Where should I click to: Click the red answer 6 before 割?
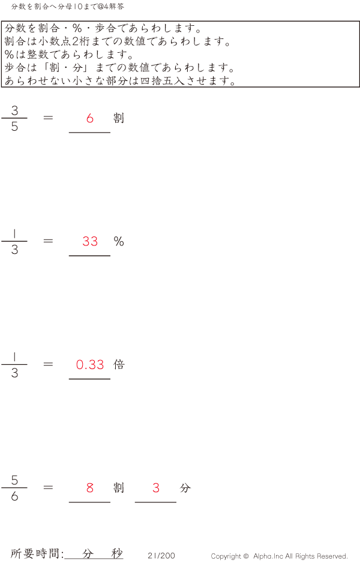(x=90, y=118)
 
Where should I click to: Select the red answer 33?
(x=90, y=241)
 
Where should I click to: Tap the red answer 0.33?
(x=90, y=364)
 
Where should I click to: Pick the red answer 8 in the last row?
(x=90, y=487)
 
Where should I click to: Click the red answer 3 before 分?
(x=156, y=487)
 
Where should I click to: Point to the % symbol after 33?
(x=119, y=241)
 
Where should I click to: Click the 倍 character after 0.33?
(x=119, y=364)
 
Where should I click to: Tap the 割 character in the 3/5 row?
(x=119, y=118)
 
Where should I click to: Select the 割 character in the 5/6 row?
(x=119, y=487)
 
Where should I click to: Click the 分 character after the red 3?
(x=185, y=487)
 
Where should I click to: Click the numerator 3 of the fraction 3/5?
(x=14, y=110)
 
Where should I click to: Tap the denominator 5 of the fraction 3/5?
(x=14, y=126)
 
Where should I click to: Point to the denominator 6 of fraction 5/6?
(x=14, y=496)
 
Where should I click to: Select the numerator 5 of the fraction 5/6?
(x=14, y=480)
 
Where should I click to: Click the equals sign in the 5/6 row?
(x=48, y=487)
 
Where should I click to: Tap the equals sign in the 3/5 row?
(x=48, y=118)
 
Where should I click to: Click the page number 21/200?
(x=161, y=555)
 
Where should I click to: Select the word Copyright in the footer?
(x=226, y=556)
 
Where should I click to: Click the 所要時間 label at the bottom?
(x=34, y=553)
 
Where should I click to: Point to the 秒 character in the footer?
(x=117, y=553)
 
